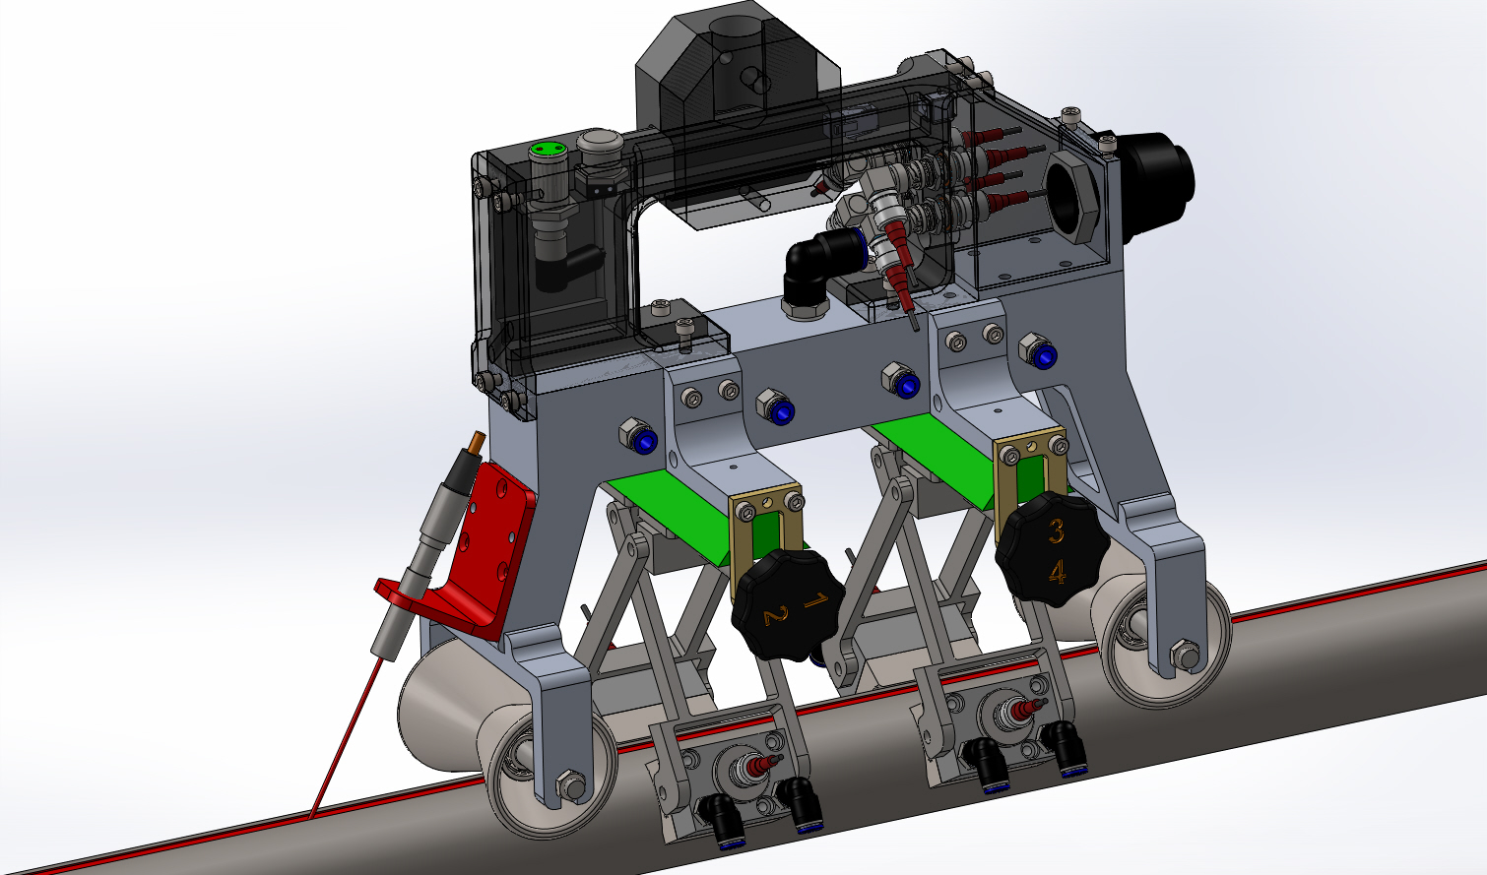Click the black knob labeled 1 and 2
tap(787, 604)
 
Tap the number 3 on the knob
tap(1056, 531)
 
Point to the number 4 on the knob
tap(1057, 572)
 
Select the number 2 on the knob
tap(775, 615)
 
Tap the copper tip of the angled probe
tap(476, 443)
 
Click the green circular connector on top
tap(548, 149)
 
